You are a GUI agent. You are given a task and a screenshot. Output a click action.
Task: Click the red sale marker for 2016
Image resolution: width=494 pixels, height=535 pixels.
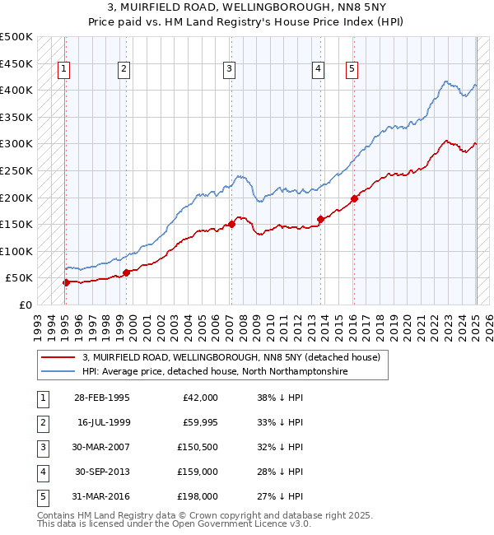354,198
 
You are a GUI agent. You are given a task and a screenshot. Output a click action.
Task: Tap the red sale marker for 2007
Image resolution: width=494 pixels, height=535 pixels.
231,224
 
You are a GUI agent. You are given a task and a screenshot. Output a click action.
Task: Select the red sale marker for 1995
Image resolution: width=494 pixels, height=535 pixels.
66,282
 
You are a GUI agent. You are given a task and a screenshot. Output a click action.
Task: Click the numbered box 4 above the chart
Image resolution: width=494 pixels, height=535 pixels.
317,69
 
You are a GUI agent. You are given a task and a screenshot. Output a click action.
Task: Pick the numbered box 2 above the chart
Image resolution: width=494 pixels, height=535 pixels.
123,69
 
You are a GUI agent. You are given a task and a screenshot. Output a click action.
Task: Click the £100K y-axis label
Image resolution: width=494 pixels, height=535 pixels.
16,251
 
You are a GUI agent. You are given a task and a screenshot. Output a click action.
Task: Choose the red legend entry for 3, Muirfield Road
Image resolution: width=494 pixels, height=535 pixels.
231,358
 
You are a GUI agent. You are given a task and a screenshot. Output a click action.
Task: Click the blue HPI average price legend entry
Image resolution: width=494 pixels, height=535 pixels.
214,372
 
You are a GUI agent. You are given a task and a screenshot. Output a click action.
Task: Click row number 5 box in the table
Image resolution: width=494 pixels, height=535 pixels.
40,496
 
